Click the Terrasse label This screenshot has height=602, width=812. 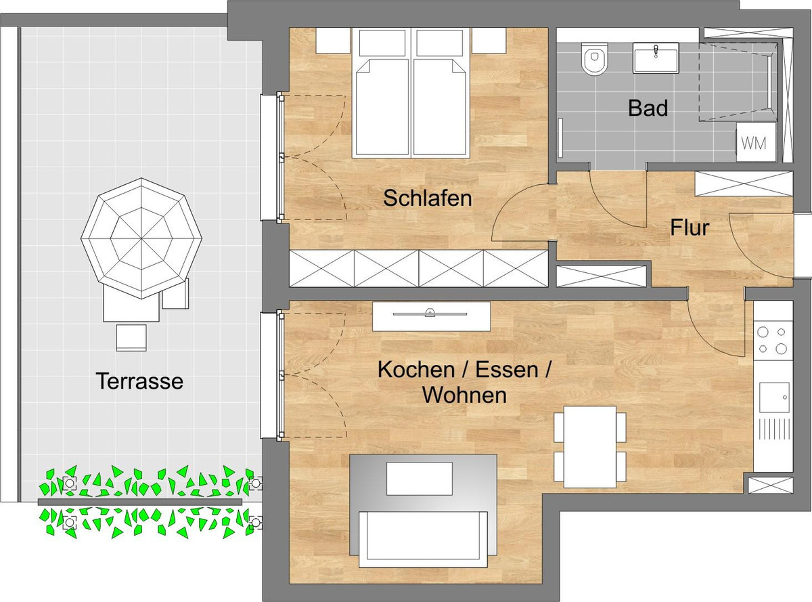139,381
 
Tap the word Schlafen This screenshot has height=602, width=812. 428,198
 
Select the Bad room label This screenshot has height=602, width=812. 648,108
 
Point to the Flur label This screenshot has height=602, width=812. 690,228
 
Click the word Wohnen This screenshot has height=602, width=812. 465,395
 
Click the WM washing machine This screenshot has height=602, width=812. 756,142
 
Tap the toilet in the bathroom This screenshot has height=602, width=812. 594,60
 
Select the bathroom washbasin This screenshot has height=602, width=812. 656,58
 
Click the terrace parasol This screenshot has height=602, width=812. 141,238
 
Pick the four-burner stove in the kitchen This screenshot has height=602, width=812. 772,341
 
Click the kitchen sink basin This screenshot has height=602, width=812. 774,397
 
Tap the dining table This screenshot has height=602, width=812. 590,447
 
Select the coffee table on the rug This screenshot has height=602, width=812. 419,478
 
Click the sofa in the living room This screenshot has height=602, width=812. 423,539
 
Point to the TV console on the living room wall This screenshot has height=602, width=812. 431,316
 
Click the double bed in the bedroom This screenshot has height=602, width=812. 411,93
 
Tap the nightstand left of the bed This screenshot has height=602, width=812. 333,41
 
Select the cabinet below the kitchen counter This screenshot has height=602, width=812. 770,485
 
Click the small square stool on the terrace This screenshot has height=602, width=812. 131,338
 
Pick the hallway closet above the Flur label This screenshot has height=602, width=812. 744,184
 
